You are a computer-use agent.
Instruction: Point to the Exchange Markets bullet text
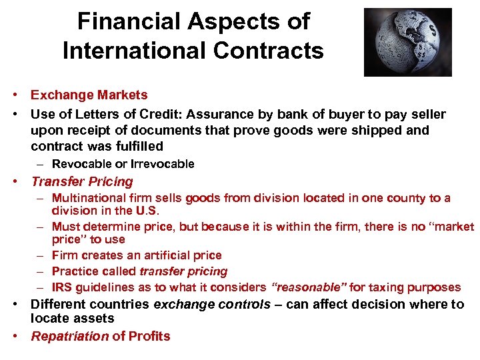point(89,95)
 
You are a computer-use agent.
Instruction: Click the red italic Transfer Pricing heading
point(82,181)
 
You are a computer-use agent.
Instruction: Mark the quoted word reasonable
point(309,288)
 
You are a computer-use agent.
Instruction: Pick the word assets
point(74,319)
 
